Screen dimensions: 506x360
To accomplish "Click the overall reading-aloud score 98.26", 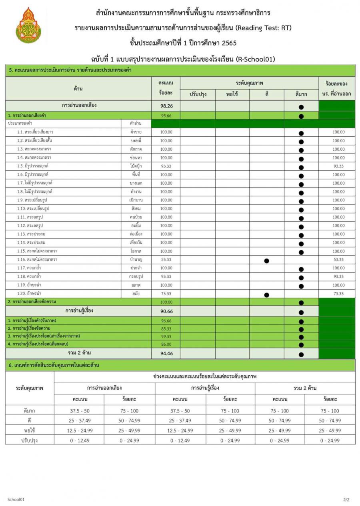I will click(x=166, y=106).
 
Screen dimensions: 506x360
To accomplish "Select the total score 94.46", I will click(x=166, y=353).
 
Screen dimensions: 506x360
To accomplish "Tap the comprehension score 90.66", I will click(x=166, y=311).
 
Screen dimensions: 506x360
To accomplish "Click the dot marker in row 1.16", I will click(x=267, y=261).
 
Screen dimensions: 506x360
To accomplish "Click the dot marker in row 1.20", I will click(x=267, y=295).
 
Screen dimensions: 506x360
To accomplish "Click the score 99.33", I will click(x=166, y=337).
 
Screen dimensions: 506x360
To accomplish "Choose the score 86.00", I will click(x=166, y=344).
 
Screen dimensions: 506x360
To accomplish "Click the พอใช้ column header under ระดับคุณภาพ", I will click(x=232, y=94).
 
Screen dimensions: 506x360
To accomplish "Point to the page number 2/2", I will click(x=346, y=500).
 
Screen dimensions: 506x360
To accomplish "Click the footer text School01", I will click(x=16, y=500).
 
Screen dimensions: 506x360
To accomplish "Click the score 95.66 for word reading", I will click(x=166, y=116).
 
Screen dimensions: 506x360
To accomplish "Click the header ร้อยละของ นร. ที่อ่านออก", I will click(x=336, y=89).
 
